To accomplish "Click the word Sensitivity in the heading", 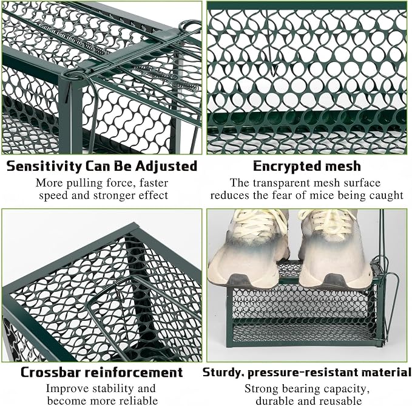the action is click(44, 167).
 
